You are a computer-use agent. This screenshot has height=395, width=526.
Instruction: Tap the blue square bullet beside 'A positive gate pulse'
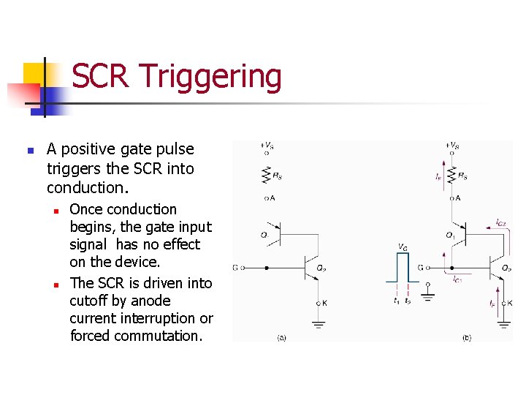[30, 151]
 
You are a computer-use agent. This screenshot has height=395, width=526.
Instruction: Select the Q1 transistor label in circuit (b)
[450, 235]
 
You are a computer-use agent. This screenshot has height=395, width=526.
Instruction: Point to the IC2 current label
[501, 222]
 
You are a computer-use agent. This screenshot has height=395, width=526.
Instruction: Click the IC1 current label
[457, 279]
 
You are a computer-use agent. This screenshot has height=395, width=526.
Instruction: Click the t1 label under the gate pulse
[396, 301]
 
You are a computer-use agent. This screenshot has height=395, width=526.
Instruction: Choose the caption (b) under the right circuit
[467, 338]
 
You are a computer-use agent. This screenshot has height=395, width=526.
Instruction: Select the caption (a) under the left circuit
[281, 338]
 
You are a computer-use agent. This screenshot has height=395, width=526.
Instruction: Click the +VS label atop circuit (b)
[453, 146]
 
